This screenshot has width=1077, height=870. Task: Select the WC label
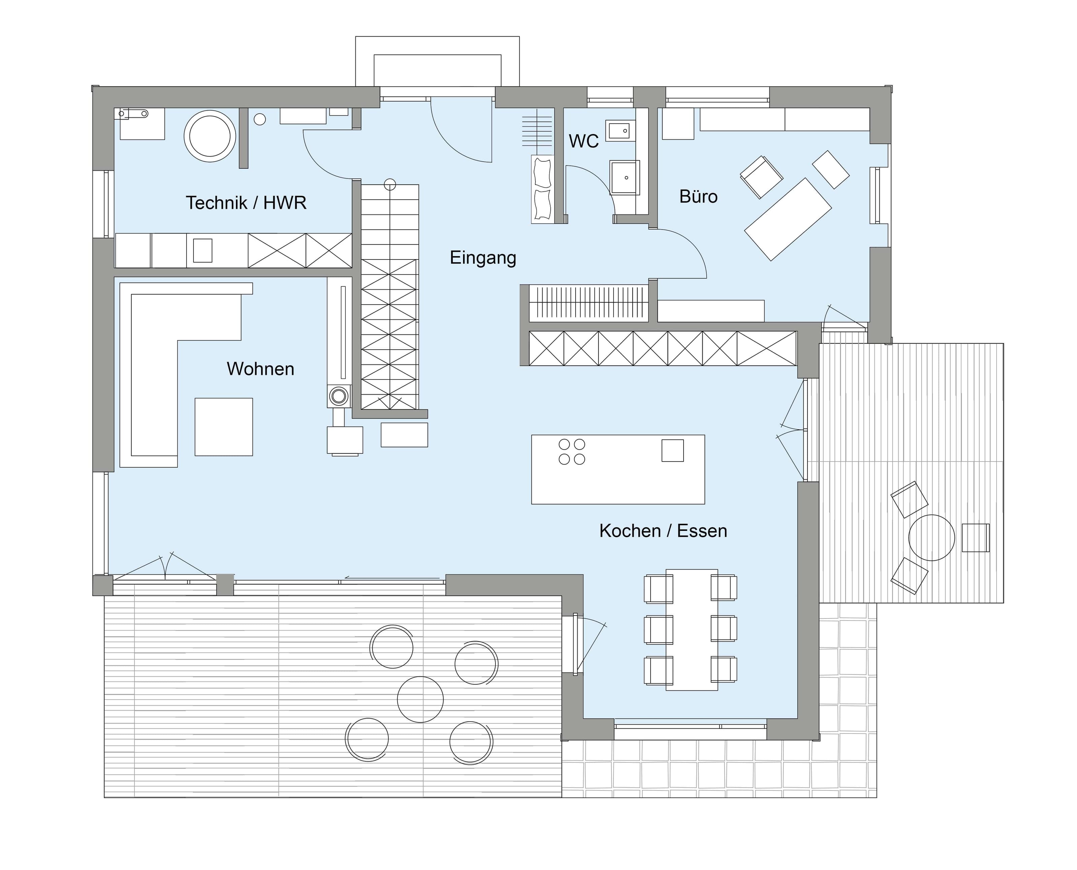583,141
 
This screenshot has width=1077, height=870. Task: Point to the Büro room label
698,196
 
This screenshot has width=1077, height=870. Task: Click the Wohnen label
260,369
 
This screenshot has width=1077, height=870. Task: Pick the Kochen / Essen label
663,531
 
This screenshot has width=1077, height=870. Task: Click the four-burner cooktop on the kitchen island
572,451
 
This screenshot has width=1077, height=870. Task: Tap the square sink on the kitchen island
672,450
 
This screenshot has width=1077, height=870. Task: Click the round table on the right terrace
932,538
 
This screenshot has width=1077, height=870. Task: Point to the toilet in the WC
625,177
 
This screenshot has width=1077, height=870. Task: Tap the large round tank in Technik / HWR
210,136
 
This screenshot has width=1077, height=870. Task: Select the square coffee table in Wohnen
224,427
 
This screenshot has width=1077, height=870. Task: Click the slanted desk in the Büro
788,220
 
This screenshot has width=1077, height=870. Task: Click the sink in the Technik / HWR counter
203,250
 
